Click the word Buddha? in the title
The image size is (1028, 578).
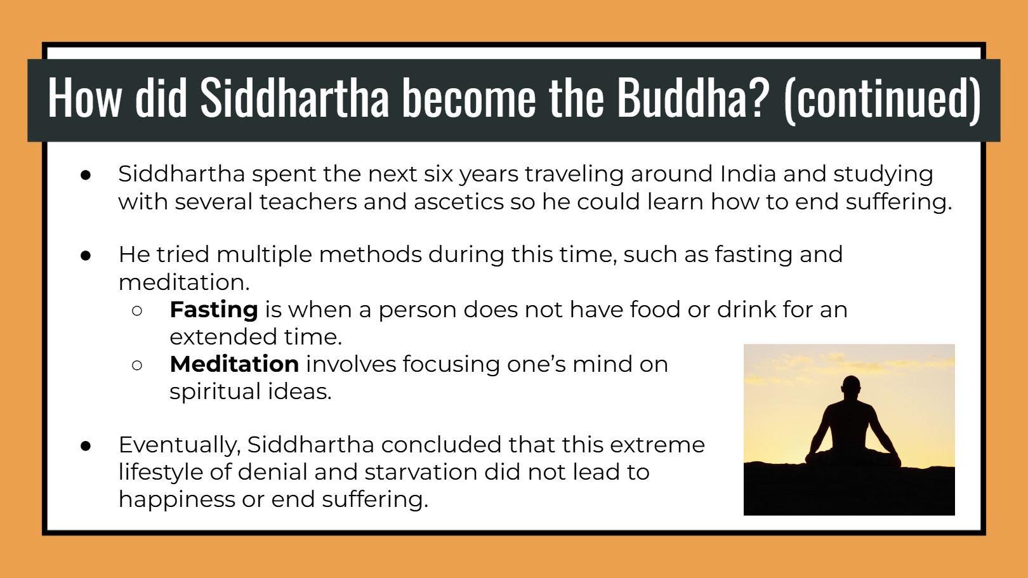pyautogui.click(x=693, y=98)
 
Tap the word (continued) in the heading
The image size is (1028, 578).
pyautogui.click(x=883, y=99)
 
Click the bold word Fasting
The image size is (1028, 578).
pyautogui.click(x=214, y=310)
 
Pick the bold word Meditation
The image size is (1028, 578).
pyautogui.click(x=235, y=364)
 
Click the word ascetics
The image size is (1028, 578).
pyautogui.click(x=458, y=202)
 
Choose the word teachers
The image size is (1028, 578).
pyautogui.click(x=308, y=202)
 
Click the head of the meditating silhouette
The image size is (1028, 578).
pyautogui.click(x=852, y=386)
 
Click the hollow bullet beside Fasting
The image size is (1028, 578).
pyautogui.click(x=137, y=310)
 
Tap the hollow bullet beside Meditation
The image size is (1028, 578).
pyautogui.click(x=137, y=365)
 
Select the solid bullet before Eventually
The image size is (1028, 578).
pyautogui.click(x=86, y=446)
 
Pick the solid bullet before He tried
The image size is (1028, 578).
pyautogui.click(x=86, y=256)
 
